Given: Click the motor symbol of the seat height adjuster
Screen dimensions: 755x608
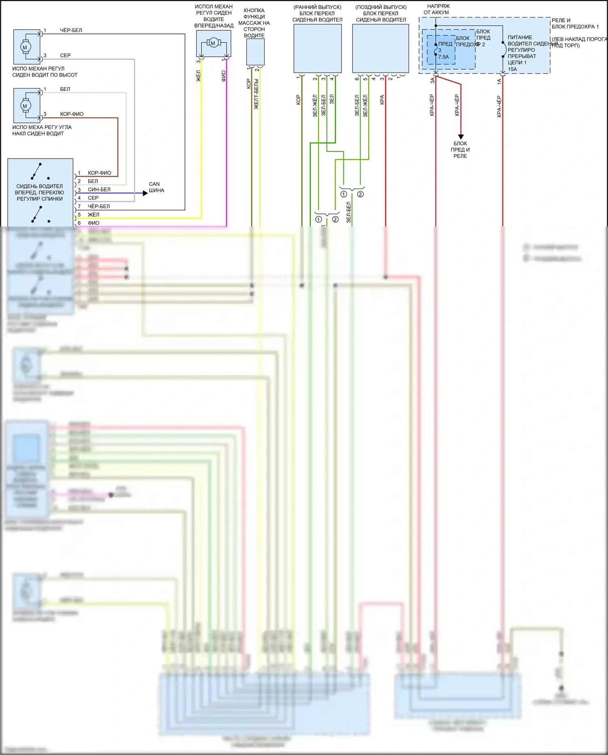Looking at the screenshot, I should coord(25,47).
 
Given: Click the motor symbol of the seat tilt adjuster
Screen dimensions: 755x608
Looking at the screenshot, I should coord(25,106).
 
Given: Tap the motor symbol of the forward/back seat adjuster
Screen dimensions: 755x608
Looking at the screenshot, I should coord(213,43).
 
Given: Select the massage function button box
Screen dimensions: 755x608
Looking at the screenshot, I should coord(255,52).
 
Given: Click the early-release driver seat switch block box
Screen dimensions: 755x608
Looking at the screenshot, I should coord(317,49).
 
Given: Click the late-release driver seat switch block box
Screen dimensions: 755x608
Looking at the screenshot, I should coord(381,49).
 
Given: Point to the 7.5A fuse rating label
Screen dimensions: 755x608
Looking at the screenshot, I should coord(443,57).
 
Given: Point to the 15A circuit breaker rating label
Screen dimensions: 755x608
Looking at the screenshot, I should coord(512,69).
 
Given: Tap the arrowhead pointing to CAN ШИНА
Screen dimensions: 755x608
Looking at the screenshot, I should coord(146,193).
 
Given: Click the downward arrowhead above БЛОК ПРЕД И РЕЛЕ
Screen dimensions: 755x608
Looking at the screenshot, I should coord(460,137).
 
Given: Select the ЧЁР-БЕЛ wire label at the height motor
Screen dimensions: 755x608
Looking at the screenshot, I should coord(71,30).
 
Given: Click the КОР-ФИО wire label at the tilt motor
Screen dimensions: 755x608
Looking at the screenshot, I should coord(72,114).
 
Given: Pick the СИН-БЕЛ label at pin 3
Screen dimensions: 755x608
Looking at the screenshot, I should coord(99,189).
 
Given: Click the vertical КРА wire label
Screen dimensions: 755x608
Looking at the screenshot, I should coord(382,100).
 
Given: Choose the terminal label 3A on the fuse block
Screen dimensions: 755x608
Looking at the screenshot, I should coord(432,81).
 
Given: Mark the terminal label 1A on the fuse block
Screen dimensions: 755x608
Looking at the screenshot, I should coord(499,81).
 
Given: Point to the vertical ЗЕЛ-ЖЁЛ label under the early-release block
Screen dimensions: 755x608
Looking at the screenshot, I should coord(315,106).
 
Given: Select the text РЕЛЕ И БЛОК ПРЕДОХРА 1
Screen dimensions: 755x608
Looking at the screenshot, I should coord(575,24).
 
